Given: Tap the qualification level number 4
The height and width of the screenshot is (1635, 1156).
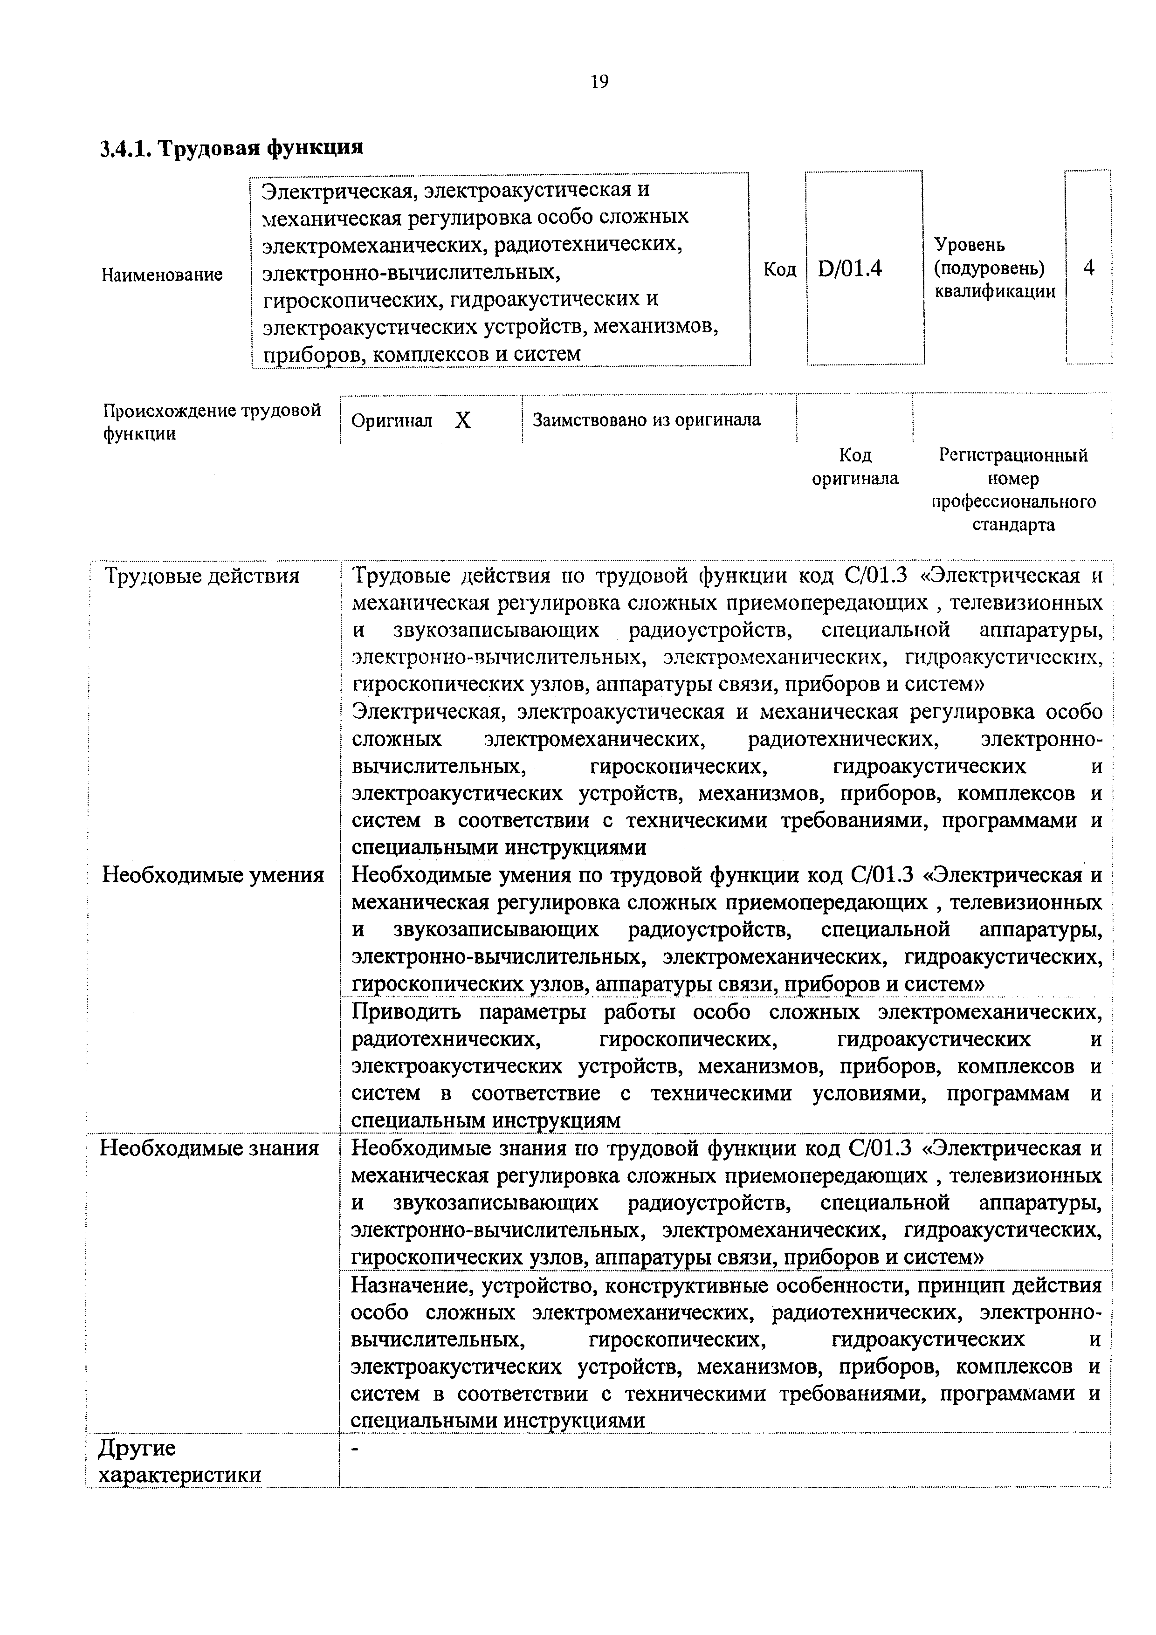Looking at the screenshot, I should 1088,268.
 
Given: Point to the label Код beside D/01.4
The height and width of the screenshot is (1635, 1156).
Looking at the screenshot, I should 779,269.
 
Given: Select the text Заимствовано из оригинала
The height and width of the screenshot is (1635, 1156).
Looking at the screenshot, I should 646,420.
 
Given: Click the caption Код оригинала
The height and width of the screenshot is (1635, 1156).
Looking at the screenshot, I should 855,467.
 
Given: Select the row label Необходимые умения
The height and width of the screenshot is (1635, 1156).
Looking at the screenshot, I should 213,874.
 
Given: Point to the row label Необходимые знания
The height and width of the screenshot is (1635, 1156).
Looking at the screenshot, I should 209,1148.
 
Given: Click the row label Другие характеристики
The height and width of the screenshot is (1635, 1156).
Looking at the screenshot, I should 179,1461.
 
